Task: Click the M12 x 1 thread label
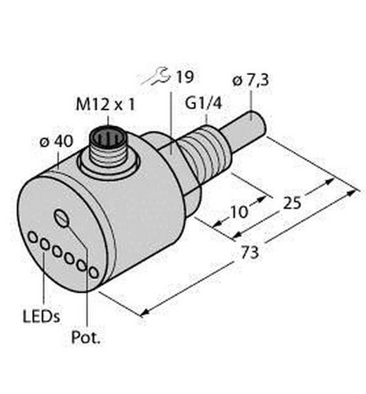click(x=105, y=105)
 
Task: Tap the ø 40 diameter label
click(x=56, y=142)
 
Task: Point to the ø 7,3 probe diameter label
click(x=251, y=80)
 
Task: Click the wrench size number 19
click(x=185, y=77)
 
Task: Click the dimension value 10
click(x=238, y=212)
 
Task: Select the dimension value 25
click(x=292, y=203)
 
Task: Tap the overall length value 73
click(x=250, y=252)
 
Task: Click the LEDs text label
click(x=42, y=316)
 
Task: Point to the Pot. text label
click(x=86, y=338)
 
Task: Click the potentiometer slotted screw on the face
click(x=62, y=218)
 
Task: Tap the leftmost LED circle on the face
click(x=33, y=237)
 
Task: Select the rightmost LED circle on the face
click(x=94, y=272)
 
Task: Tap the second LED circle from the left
click(x=45, y=244)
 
